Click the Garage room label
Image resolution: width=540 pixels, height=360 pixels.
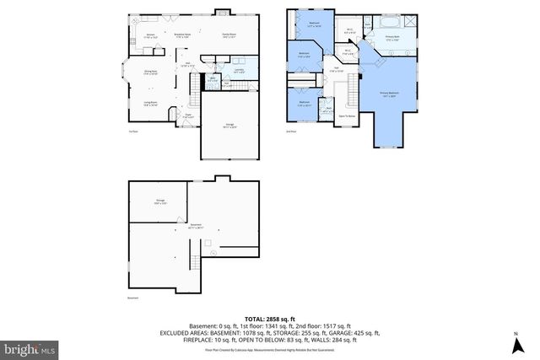tap(229, 126)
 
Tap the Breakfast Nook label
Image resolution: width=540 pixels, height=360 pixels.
tap(181, 35)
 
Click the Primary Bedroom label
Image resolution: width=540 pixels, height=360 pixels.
tap(390, 94)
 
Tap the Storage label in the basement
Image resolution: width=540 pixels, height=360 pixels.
tap(159, 201)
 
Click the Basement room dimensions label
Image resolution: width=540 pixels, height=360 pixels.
tap(196, 226)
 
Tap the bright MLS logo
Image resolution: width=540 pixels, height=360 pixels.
tap(29, 347)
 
